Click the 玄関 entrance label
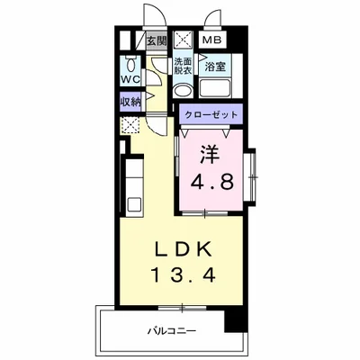click(157, 40)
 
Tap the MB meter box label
click(212, 40)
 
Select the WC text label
click(130, 79)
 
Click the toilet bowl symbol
click(130, 64)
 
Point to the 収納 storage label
click(130, 103)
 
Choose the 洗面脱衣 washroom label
click(183, 67)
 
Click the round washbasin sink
click(183, 90)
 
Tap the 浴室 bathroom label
click(215, 67)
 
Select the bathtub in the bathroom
click(215, 87)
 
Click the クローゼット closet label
click(211, 115)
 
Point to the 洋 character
click(210, 154)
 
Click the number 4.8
click(212, 182)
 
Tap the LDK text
click(182, 249)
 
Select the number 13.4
click(184, 275)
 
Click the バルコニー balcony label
click(172, 331)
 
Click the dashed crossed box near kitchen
click(130, 126)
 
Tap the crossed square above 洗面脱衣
click(183, 40)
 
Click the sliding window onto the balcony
click(182, 308)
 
